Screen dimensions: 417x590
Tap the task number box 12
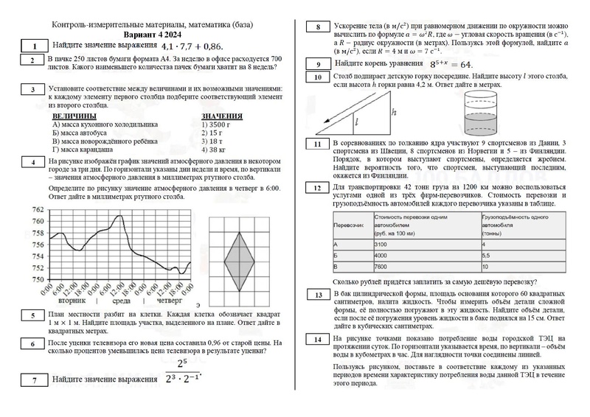click(x=317, y=189)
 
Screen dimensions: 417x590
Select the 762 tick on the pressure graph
click(x=38, y=210)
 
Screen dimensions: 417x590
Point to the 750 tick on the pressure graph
click(x=38, y=279)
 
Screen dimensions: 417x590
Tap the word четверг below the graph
click(x=169, y=301)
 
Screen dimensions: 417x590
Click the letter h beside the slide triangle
click(x=394, y=113)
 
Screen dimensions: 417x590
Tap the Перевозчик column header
click(x=352, y=223)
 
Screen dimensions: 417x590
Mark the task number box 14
click(x=317, y=340)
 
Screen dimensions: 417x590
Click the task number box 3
click(x=32, y=90)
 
